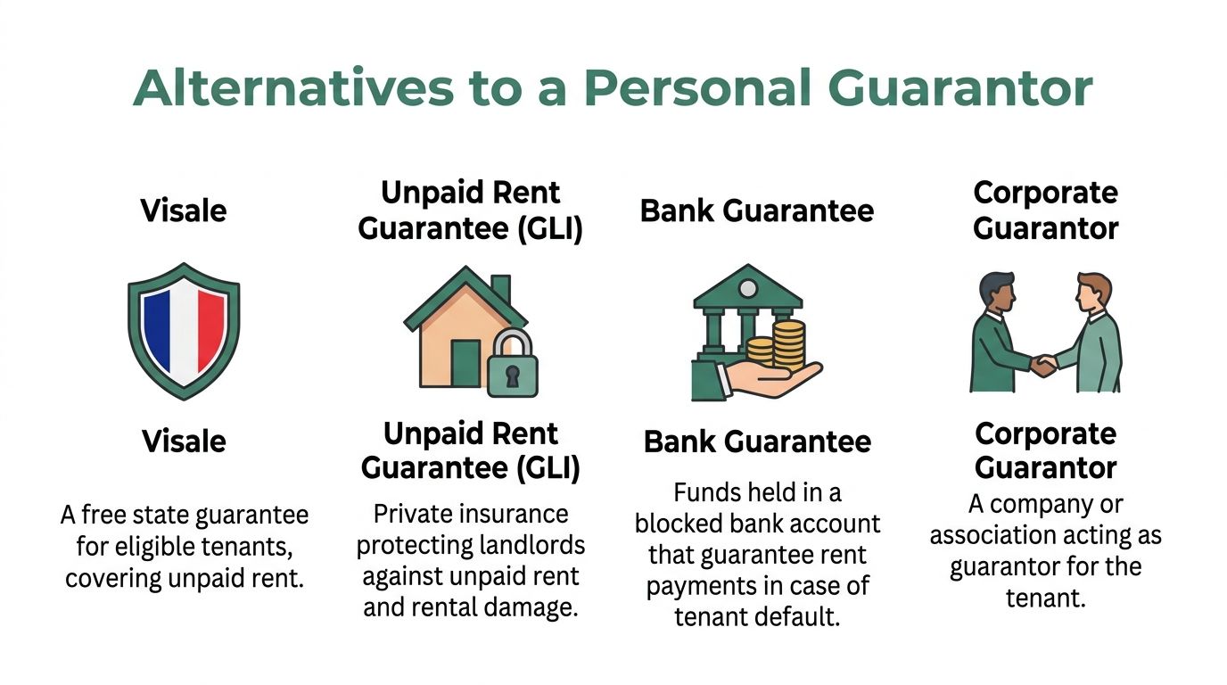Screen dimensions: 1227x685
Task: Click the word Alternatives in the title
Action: (293, 87)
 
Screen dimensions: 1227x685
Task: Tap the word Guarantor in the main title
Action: (960, 87)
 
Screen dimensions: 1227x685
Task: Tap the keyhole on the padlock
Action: (512, 376)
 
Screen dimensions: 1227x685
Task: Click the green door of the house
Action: (465, 363)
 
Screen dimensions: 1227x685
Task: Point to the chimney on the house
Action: (500, 289)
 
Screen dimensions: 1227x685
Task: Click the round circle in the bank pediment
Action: (747, 288)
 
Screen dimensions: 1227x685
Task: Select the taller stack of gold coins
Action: (789, 345)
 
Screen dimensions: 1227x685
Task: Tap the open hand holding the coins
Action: (772, 378)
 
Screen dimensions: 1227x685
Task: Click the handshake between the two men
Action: (1044, 366)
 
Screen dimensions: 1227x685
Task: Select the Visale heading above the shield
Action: (184, 210)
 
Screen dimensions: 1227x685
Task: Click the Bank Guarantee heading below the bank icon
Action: (757, 442)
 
